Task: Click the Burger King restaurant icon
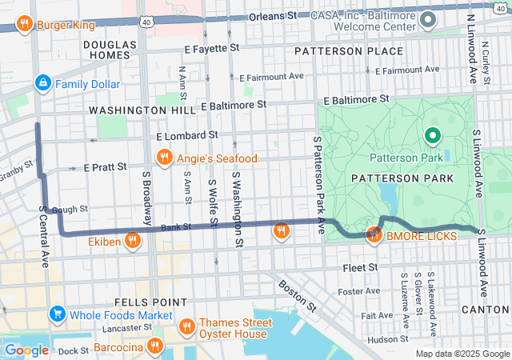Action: pyautogui.click(x=24, y=24)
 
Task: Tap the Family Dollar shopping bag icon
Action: pyautogui.click(x=42, y=83)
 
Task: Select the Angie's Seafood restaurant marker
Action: pyautogui.click(x=164, y=158)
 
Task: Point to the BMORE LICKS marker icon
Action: pyautogui.click(x=374, y=235)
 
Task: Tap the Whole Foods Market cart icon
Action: pyautogui.click(x=57, y=314)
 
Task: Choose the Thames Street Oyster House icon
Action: pyautogui.click(x=186, y=326)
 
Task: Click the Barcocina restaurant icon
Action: pyautogui.click(x=154, y=346)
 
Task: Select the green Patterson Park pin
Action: pyautogui.click(x=433, y=137)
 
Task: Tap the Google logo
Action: pyautogui.click(x=26, y=350)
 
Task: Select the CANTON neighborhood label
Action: pyautogui.click(x=486, y=309)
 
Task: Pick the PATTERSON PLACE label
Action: pyautogui.click(x=348, y=51)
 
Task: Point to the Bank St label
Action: pyautogui.click(x=175, y=227)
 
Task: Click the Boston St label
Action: pyautogui.click(x=295, y=294)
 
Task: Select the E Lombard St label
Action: pyautogui.click(x=187, y=137)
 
